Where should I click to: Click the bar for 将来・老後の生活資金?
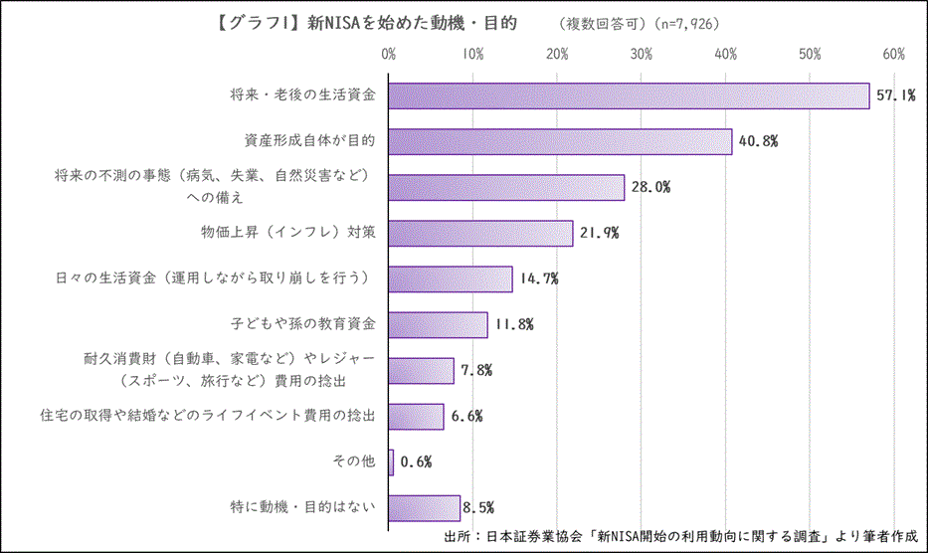pyautogui.click(x=629, y=95)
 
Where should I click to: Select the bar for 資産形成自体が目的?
pyautogui.click(x=560, y=141)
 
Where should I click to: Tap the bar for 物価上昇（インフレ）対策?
pyautogui.click(x=480, y=233)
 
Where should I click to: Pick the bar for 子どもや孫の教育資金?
pyautogui.click(x=438, y=324)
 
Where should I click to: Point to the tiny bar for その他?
pyautogui.click(x=391, y=461)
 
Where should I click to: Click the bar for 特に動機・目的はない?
pyautogui.click(x=424, y=507)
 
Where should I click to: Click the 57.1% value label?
pyautogui.click(x=895, y=95)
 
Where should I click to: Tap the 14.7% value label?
pyautogui.click(x=538, y=278)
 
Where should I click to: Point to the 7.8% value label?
pyautogui.click(x=475, y=370)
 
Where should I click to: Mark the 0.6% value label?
pyautogui.click(x=416, y=461)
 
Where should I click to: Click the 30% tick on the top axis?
pyautogui.click(x=642, y=53)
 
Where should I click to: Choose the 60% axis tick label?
pyautogui.click(x=893, y=53)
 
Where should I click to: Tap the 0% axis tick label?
pyautogui.click(x=389, y=53)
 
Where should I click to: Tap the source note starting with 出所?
pyautogui.click(x=681, y=535)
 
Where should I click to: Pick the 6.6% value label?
pyautogui.click(x=465, y=416)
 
